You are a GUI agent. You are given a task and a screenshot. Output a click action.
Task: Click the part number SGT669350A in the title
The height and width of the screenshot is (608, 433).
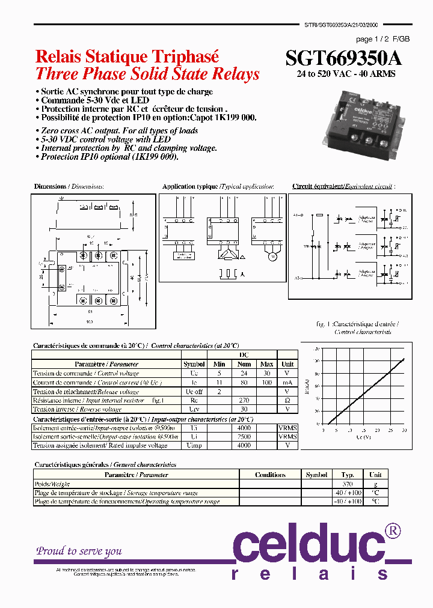click(343, 58)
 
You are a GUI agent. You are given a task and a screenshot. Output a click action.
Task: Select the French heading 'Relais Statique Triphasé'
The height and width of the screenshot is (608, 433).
click(127, 56)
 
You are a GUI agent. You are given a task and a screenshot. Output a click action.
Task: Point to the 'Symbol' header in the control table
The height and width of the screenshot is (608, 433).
click(194, 364)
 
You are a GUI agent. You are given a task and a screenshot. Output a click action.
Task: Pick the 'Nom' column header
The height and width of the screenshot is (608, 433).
click(244, 364)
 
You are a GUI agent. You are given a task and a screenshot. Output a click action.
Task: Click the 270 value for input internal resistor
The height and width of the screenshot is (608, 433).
click(244, 400)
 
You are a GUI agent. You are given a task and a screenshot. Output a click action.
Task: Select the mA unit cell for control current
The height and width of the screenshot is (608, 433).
click(287, 382)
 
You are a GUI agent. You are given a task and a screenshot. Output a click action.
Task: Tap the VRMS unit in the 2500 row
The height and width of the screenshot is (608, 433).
click(287, 437)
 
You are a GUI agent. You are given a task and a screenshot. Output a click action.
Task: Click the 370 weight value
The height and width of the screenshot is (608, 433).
click(347, 484)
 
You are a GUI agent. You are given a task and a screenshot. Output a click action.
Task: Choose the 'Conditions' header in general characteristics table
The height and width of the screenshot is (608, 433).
click(270, 475)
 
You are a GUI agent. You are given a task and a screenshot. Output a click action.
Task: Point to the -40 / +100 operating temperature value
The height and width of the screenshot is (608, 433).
click(347, 501)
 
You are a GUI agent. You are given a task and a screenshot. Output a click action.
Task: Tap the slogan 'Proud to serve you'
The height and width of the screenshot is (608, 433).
click(79, 551)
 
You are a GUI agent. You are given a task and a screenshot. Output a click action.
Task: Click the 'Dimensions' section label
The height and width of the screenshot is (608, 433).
click(50, 187)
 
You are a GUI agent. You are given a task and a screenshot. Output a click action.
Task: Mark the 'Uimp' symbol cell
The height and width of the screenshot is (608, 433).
click(194, 445)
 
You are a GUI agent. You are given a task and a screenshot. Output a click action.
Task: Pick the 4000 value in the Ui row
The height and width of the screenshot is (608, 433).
click(244, 428)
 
